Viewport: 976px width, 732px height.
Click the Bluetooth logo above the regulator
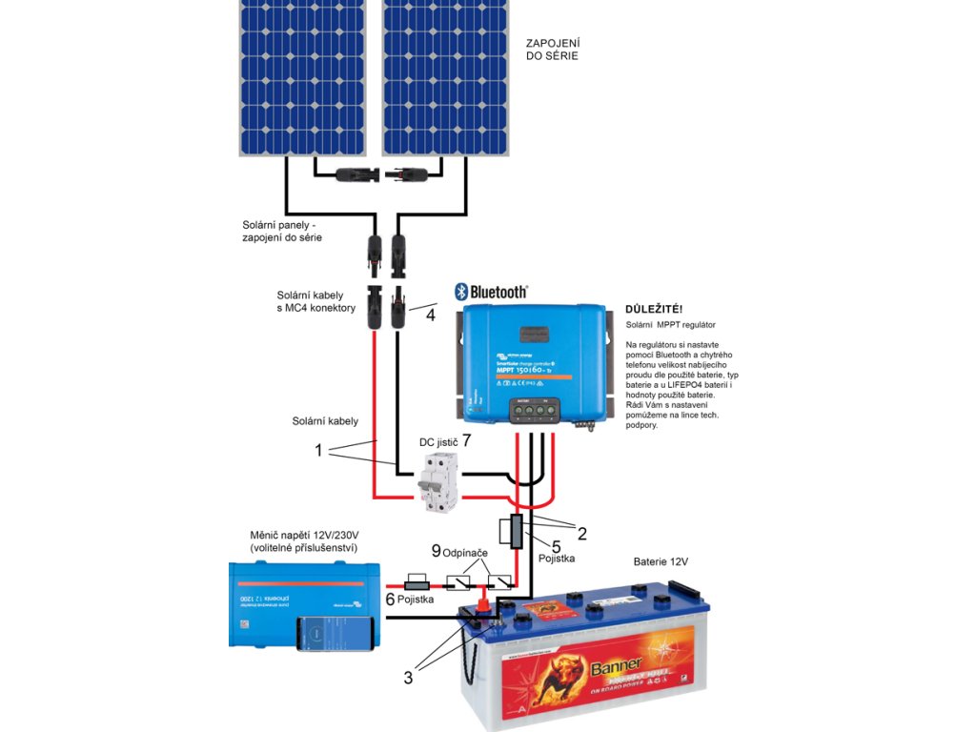pyautogui.click(x=490, y=292)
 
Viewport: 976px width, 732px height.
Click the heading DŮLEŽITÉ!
pyautogui.click(x=653, y=310)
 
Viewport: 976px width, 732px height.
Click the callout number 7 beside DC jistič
pyautogui.click(x=466, y=441)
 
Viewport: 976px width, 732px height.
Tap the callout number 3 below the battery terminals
pyautogui.click(x=408, y=678)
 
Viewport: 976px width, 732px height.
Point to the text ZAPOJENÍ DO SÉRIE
pyautogui.click(x=553, y=50)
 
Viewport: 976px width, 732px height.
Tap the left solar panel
pyautogui.click(x=302, y=76)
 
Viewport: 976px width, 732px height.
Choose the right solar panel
pyautogui.click(x=445, y=76)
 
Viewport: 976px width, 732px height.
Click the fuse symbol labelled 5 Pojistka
pyautogui.click(x=516, y=531)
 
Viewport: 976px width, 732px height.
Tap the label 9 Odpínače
pyautogui.click(x=462, y=552)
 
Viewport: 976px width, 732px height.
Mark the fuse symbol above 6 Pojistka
pyautogui.click(x=419, y=580)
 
